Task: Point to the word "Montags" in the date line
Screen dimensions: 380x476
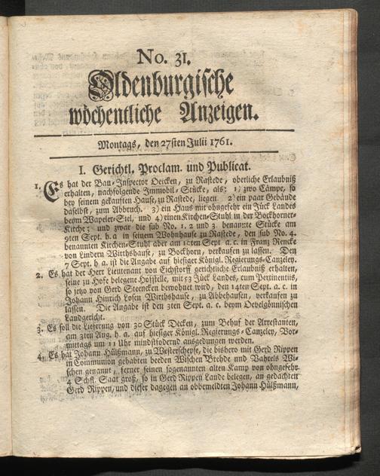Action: pyautogui.click(x=118, y=143)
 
